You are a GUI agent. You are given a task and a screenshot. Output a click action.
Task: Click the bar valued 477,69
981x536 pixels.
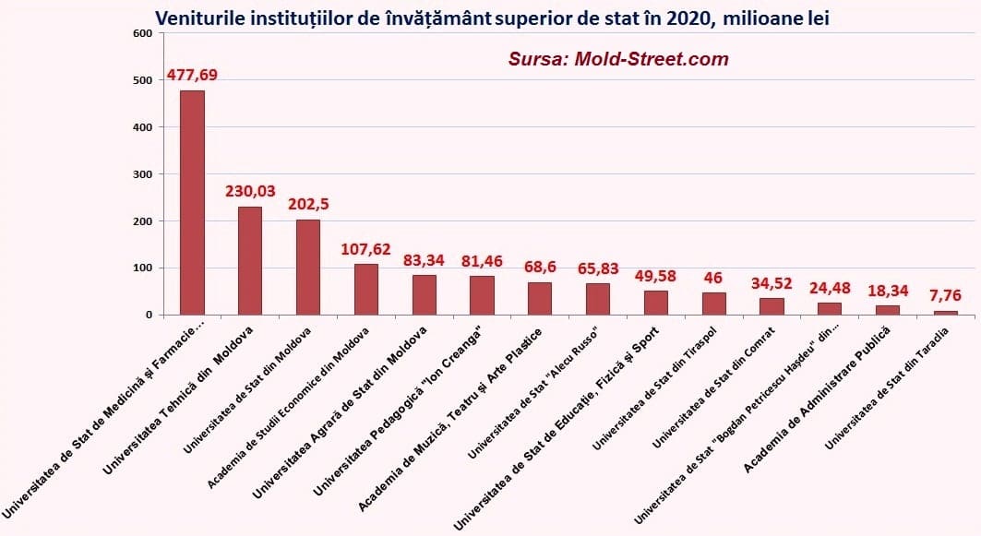tap(192, 202)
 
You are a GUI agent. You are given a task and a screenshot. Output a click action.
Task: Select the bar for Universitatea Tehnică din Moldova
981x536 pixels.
tap(250, 261)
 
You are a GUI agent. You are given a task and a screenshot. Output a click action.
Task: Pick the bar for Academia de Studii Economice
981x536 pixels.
tap(366, 290)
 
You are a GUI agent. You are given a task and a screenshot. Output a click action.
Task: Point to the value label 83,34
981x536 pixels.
tap(424, 260)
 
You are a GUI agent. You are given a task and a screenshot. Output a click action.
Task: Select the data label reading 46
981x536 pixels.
tap(714, 277)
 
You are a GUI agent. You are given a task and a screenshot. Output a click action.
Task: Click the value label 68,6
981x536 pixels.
tap(540, 267)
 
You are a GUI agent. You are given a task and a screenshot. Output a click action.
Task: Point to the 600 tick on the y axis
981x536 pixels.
tap(142, 34)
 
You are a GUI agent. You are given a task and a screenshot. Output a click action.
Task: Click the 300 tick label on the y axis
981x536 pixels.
tap(142, 174)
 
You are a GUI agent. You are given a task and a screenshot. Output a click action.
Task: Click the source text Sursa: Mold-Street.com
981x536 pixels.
tap(618, 59)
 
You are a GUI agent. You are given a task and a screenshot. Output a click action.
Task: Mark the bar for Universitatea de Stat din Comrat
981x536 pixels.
tap(772, 306)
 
